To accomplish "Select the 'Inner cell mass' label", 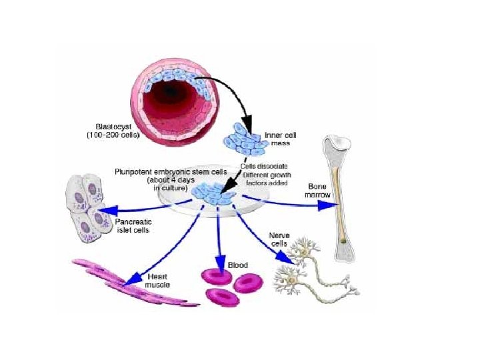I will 280,139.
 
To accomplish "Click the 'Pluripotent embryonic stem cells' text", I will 171,171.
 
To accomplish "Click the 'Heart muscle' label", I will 157,280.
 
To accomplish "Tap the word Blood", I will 238,265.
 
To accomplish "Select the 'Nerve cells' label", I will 278,239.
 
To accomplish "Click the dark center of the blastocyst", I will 171,90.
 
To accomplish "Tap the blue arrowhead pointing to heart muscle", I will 131,275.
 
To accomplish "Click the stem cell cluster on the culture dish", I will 211,194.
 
